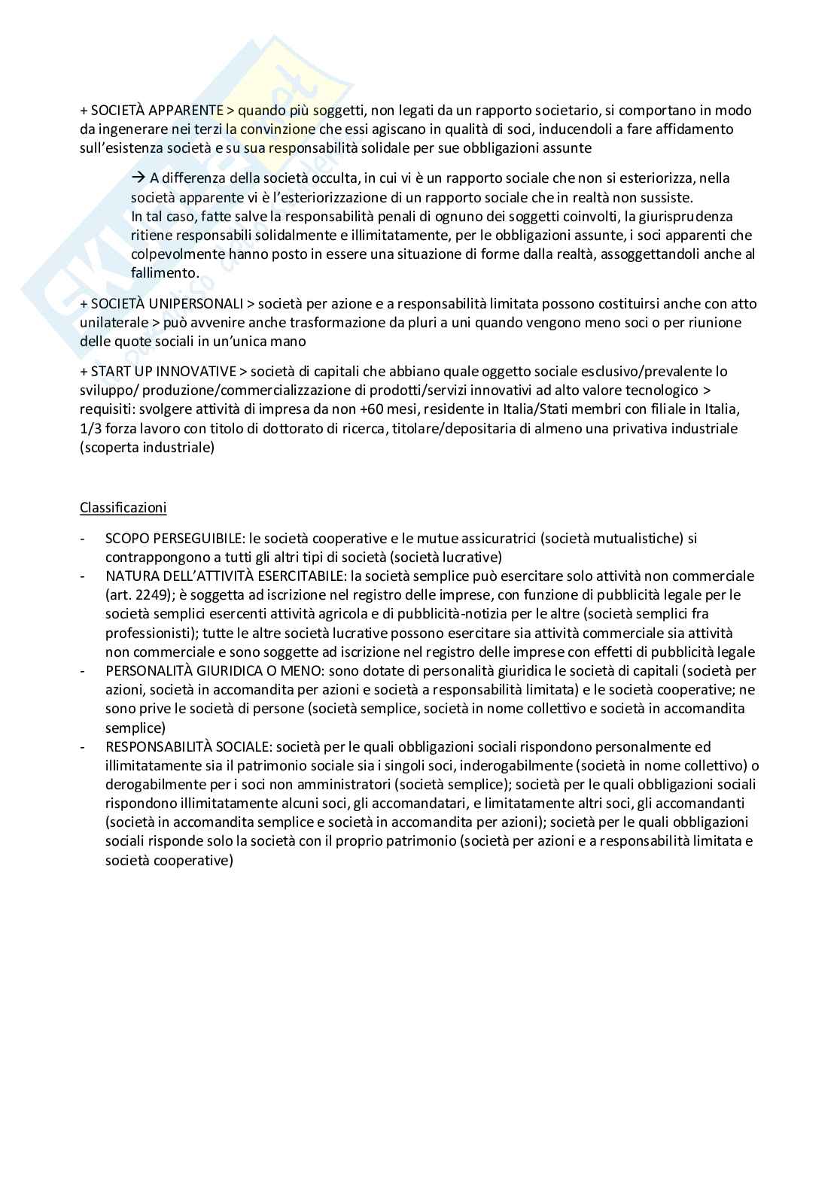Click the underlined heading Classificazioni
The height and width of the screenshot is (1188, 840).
123,507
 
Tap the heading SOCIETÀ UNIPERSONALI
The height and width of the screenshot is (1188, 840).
166,304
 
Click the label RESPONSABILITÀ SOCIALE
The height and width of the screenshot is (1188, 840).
187,747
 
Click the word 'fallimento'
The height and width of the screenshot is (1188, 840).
165,273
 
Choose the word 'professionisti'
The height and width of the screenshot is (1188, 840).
151,633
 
